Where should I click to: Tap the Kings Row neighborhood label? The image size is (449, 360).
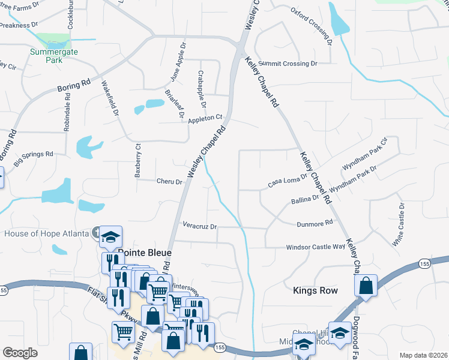point(315,290)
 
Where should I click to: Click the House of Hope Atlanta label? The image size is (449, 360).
point(46,233)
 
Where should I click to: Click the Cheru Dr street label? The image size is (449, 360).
point(169,181)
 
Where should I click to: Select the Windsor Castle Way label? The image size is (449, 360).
point(316,247)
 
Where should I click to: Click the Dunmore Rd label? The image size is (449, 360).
point(315,224)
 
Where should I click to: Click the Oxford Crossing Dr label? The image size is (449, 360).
point(312,26)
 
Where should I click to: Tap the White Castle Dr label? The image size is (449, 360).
point(398,224)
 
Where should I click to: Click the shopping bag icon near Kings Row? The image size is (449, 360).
point(366,286)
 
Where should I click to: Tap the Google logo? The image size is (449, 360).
point(20,353)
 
